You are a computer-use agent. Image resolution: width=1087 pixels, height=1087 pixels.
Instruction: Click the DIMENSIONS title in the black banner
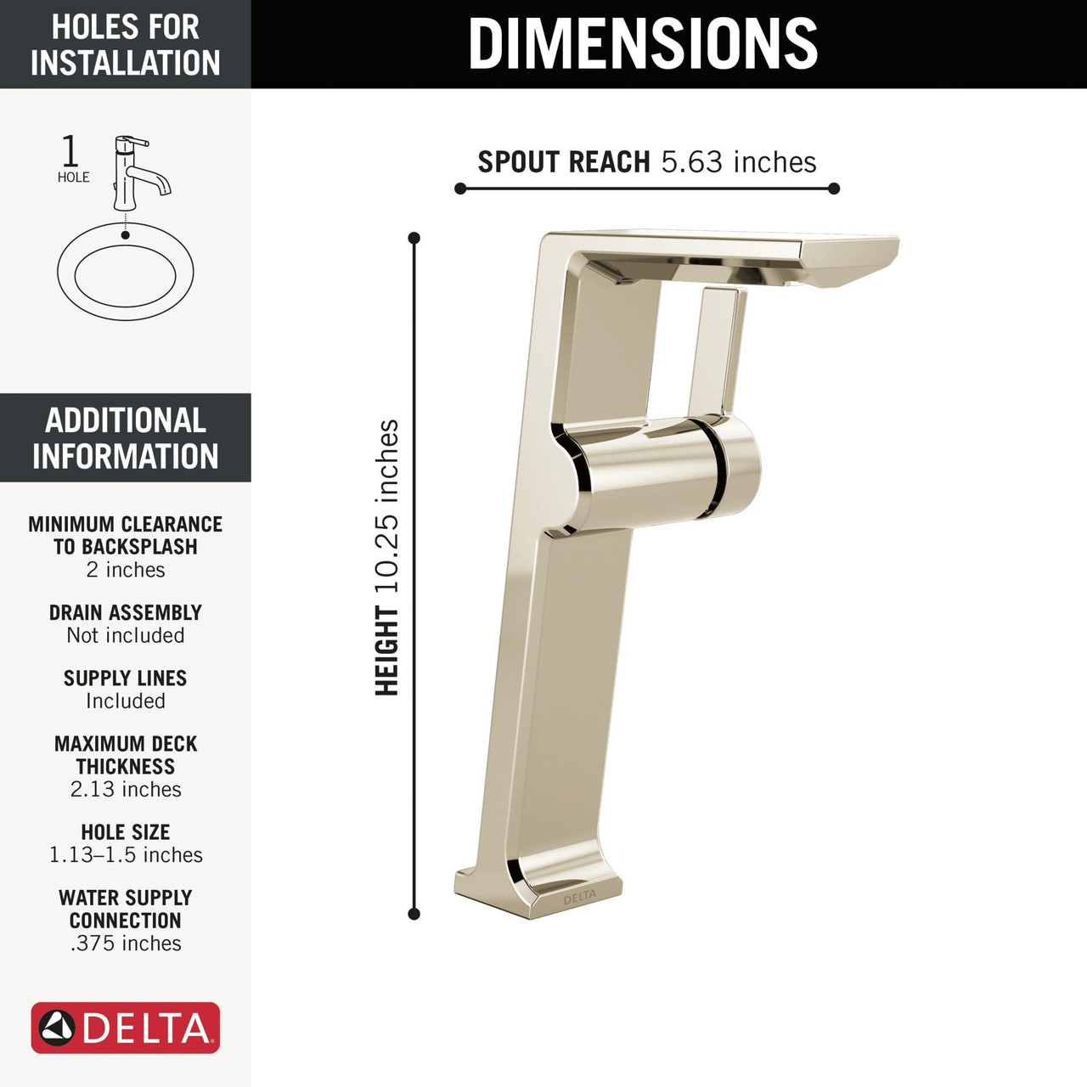pyautogui.click(x=643, y=43)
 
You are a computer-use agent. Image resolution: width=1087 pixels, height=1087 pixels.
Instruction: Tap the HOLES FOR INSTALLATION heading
pyautogui.click(x=126, y=44)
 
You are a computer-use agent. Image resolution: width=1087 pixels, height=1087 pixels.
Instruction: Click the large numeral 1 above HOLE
pyautogui.click(x=70, y=151)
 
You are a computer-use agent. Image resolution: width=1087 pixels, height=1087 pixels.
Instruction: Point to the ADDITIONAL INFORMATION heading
pyautogui.click(x=126, y=438)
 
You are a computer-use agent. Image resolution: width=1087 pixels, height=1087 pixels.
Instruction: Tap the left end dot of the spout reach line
pyautogui.click(x=460, y=189)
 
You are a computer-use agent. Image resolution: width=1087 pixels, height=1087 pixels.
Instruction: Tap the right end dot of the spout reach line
pyautogui.click(x=834, y=189)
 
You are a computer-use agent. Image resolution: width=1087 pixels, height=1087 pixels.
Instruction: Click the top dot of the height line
pyautogui.click(x=414, y=238)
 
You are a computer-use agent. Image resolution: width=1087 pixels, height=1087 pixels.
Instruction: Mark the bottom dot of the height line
pyautogui.click(x=414, y=914)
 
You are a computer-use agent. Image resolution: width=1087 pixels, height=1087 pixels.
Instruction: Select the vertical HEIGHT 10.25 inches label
pyautogui.click(x=386, y=558)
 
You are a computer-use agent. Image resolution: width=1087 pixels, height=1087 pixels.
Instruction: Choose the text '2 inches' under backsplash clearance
pyautogui.click(x=126, y=570)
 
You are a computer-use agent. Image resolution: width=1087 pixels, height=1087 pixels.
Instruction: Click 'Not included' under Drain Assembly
pyautogui.click(x=126, y=635)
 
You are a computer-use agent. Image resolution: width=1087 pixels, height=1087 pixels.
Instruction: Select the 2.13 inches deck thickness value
pyautogui.click(x=126, y=789)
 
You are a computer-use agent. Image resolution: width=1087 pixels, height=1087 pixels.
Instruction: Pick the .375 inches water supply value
pyautogui.click(x=126, y=943)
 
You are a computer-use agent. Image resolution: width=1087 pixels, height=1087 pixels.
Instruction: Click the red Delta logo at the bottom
pyautogui.click(x=126, y=1028)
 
